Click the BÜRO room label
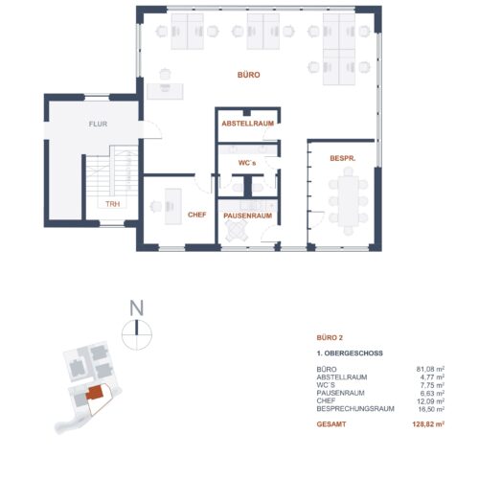pyautogui.click(x=249, y=74)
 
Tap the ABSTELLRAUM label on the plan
pyautogui.click(x=248, y=125)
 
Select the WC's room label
pyautogui.click(x=248, y=163)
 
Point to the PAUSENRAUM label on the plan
pyautogui.click(x=248, y=217)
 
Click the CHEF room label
pyautogui.click(x=197, y=215)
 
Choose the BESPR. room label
pyautogui.click(x=344, y=157)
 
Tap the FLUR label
pyautogui.click(x=99, y=125)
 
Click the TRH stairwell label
pyautogui.click(x=113, y=204)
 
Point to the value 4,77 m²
pyautogui.click(x=434, y=376)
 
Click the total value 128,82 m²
pyautogui.click(x=430, y=422)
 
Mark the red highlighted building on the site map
pyautogui.click(x=95, y=392)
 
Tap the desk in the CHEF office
pyautogui.click(x=173, y=203)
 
